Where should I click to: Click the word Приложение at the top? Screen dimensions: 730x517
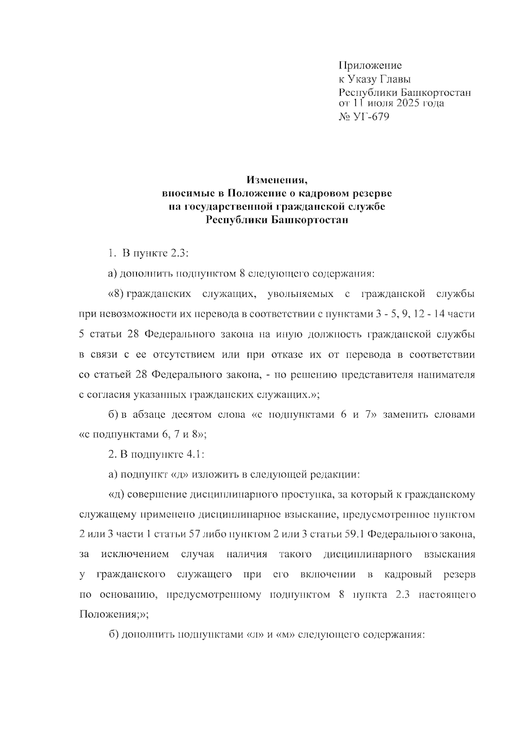tap(370, 65)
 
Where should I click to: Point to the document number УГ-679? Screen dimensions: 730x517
tap(371, 117)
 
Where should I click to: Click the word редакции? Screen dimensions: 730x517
tap(333, 474)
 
